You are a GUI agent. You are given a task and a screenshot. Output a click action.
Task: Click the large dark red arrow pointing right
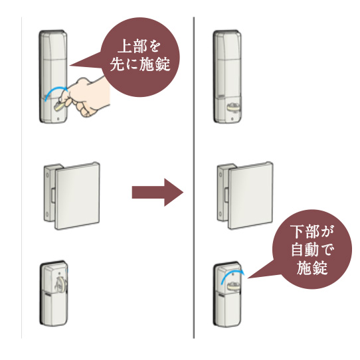pyautogui.click(x=157, y=192)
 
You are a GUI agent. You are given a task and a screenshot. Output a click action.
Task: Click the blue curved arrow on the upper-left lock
pyautogui.click(x=56, y=94)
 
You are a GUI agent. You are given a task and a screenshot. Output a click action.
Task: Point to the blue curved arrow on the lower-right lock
pyautogui.click(x=232, y=276)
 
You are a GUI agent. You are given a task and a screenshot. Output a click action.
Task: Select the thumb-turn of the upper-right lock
pyautogui.click(x=233, y=107)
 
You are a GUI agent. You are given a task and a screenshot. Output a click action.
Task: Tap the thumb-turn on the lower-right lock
pyautogui.click(x=234, y=286)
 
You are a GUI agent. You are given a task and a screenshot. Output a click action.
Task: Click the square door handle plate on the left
pyautogui.click(x=77, y=196)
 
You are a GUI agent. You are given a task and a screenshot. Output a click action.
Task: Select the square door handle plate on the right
pyautogui.click(x=250, y=196)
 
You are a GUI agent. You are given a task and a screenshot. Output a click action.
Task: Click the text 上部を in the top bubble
pyautogui.click(x=139, y=46)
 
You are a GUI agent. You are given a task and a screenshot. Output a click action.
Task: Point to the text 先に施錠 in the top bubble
pyautogui.click(x=140, y=64)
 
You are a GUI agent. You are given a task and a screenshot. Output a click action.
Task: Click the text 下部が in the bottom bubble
pyautogui.click(x=312, y=231)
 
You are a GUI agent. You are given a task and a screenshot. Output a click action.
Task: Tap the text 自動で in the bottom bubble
pyautogui.click(x=312, y=250)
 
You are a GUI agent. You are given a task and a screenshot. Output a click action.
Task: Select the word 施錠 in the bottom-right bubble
pyautogui.click(x=312, y=268)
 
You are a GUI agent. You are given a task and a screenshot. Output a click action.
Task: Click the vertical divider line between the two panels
pyautogui.click(x=194, y=177)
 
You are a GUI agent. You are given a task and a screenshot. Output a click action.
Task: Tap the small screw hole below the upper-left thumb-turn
pyautogui.click(x=58, y=119)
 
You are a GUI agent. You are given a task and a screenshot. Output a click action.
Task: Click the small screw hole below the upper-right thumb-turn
pyautogui.click(x=232, y=119)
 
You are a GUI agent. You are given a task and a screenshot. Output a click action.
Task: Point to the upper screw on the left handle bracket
pyautogui.click(x=47, y=175)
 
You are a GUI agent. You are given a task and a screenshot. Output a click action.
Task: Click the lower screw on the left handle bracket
pyautogui.click(x=47, y=215)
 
